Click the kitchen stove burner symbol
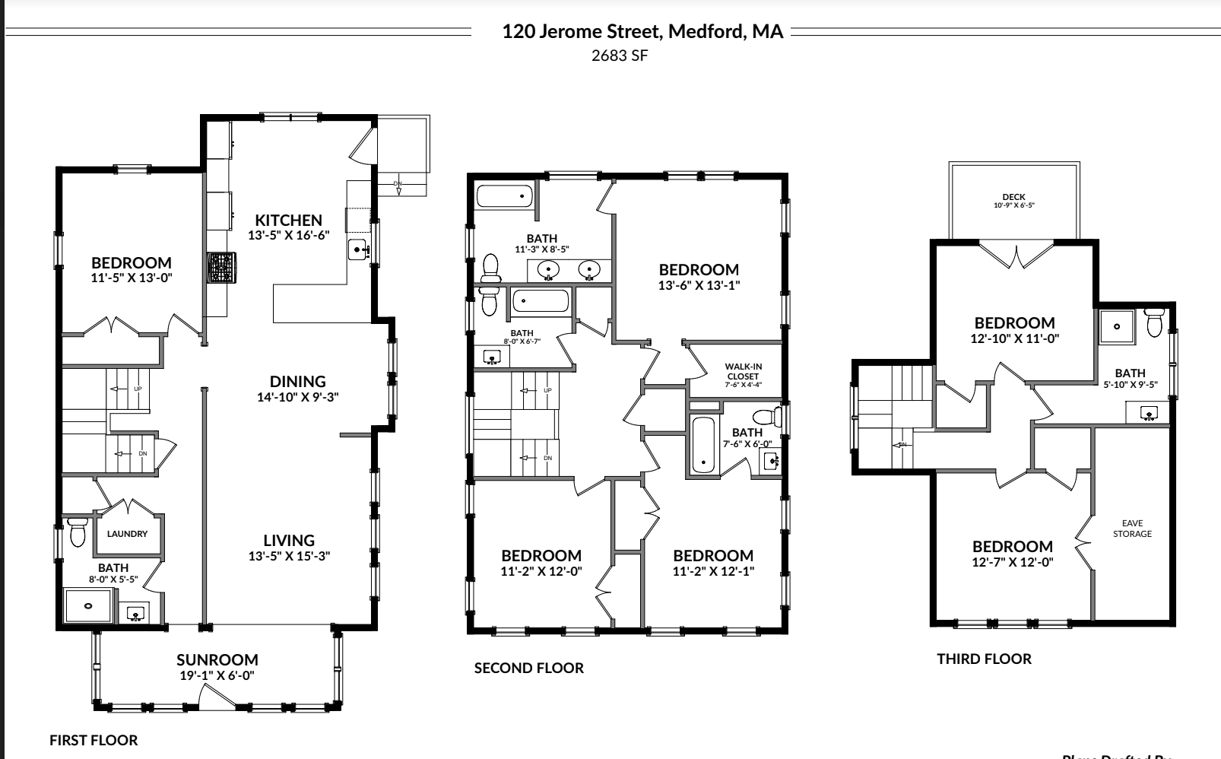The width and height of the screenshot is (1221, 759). click(221, 268)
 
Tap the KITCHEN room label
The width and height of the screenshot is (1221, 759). click(288, 221)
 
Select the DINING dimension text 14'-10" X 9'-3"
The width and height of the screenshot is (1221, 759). click(297, 396)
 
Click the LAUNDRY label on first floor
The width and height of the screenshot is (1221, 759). click(127, 534)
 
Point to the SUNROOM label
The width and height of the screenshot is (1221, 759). click(217, 660)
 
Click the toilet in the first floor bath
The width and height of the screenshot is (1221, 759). click(77, 532)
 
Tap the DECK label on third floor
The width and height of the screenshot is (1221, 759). click(1013, 197)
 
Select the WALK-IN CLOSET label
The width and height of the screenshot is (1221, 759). click(743, 371)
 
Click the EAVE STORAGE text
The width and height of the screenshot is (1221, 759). click(1132, 529)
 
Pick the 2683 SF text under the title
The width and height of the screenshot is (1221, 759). click(620, 56)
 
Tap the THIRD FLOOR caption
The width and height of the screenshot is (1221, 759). click(984, 659)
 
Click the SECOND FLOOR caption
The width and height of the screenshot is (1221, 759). click(529, 668)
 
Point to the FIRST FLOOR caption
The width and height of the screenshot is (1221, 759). click(94, 740)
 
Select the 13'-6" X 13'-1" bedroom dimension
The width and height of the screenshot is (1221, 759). click(699, 285)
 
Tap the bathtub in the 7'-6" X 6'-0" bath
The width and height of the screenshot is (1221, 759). click(703, 445)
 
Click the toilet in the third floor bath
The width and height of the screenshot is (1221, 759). click(1155, 323)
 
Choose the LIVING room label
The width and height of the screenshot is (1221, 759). click(289, 541)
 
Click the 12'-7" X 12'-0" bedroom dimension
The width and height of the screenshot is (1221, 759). click(1012, 562)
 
